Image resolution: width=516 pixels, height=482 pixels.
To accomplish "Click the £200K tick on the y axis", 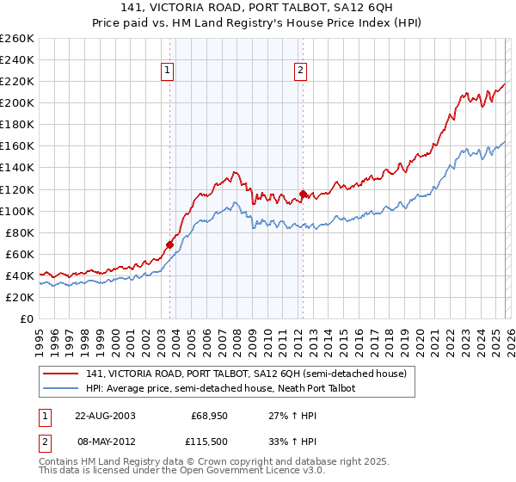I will [x=16, y=102].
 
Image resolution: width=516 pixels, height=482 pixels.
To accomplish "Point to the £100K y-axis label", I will [x=16, y=211].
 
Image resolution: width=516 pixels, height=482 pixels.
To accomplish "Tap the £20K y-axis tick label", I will [x=20, y=297].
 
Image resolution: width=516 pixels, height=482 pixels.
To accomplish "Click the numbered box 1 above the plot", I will [x=167, y=71].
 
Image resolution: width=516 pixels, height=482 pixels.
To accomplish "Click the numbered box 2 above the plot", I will [x=301, y=71].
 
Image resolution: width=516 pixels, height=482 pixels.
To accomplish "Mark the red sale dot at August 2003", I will [x=169, y=244].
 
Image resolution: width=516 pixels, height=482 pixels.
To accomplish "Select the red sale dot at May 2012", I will [x=302, y=194].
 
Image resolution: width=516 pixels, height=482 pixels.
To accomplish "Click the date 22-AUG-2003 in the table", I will [x=105, y=415].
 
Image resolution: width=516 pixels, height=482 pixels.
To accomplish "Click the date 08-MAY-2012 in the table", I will [x=105, y=441].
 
